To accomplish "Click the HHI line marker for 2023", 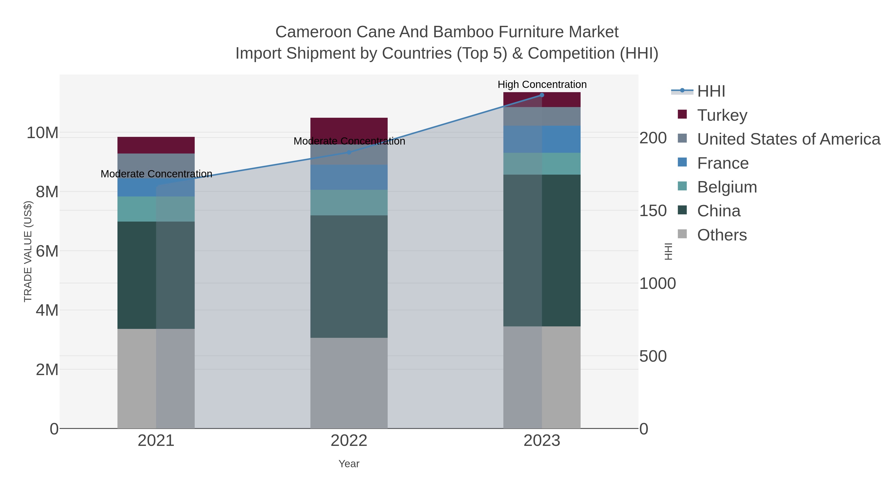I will pos(542,95).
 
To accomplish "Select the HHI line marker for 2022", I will pos(349,152).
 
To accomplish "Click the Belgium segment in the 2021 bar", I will pos(156,209).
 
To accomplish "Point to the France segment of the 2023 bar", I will pos(542,139).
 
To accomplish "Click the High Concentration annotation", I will pos(542,84).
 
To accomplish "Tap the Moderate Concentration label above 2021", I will pos(156,174).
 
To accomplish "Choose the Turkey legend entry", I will pos(722,115).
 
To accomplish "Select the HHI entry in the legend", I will pos(711,91).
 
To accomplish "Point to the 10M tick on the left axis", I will pos(42,133).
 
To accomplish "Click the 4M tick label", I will pos(47,310).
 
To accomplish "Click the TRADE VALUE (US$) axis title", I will pos(28,251).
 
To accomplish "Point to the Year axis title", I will pos(349,464).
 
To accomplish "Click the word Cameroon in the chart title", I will pos(313,32).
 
